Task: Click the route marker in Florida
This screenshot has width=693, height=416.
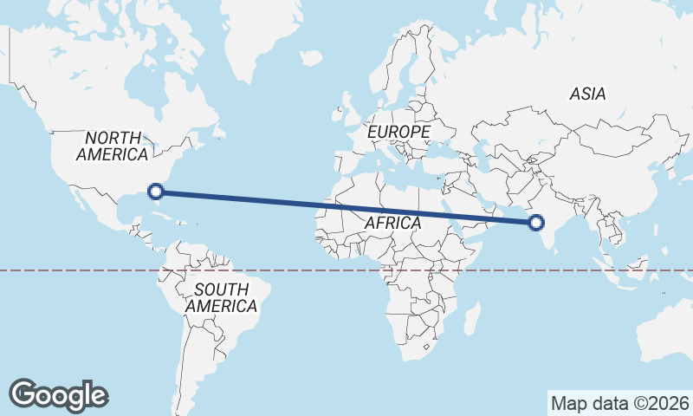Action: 156,192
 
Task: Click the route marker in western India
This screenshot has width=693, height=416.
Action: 536,223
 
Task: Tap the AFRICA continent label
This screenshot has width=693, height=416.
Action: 392,223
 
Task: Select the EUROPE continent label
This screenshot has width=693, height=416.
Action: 398,132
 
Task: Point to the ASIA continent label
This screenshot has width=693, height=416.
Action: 587,94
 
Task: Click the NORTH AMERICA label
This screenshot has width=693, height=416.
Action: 113,146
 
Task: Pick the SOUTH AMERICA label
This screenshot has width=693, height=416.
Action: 221,297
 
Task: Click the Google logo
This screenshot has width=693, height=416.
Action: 58,394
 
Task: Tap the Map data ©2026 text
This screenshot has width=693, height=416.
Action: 620,403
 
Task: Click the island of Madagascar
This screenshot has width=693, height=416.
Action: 472,318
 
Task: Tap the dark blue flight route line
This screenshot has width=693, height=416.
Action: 346,207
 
